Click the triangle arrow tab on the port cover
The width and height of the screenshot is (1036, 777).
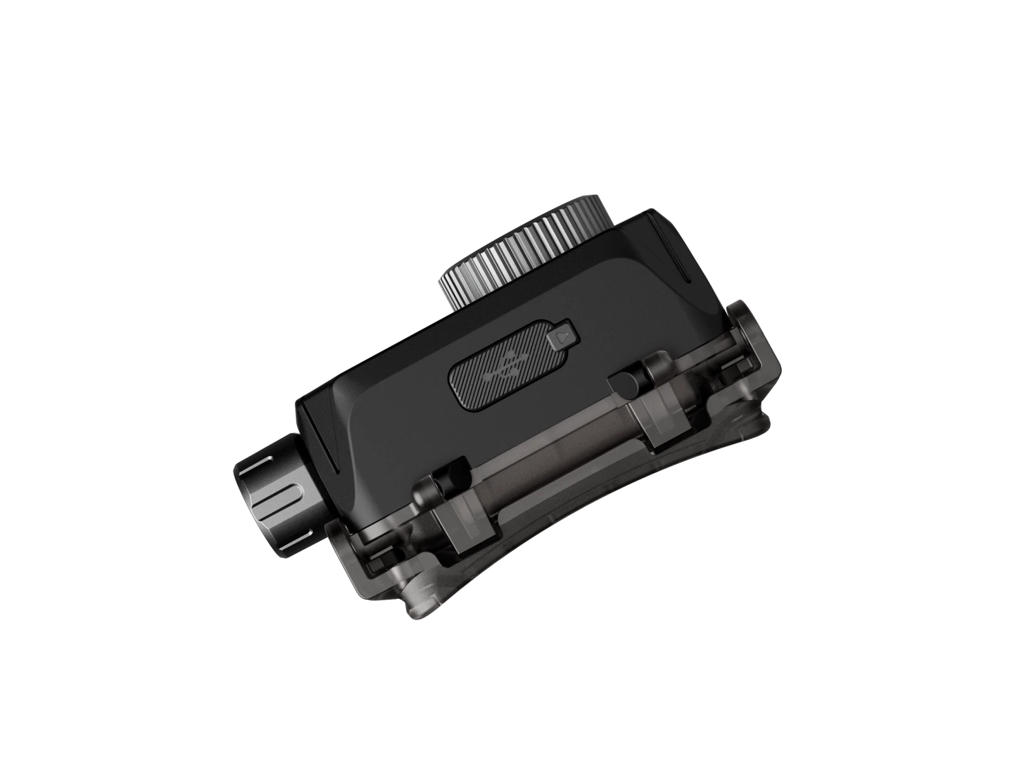pos(562,338)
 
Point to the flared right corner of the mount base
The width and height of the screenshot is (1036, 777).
pos(767,428)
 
